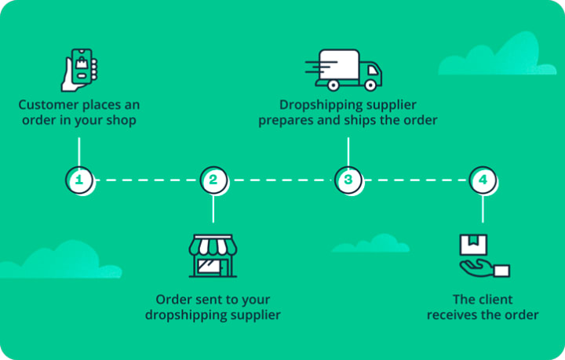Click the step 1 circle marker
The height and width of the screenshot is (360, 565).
[78, 180]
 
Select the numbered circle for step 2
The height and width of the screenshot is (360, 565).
[213, 180]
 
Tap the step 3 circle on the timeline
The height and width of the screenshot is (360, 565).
[348, 180]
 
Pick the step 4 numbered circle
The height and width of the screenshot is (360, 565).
[483, 180]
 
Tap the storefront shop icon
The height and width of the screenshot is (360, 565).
[212, 254]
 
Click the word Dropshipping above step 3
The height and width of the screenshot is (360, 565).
[317, 104]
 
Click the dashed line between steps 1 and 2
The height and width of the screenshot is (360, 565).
[146, 180]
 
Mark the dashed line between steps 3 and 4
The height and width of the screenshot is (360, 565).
[415, 180]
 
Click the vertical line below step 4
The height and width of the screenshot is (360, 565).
[483, 209]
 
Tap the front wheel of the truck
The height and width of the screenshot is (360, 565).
[371, 84]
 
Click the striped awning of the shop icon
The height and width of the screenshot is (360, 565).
[212, 245]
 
